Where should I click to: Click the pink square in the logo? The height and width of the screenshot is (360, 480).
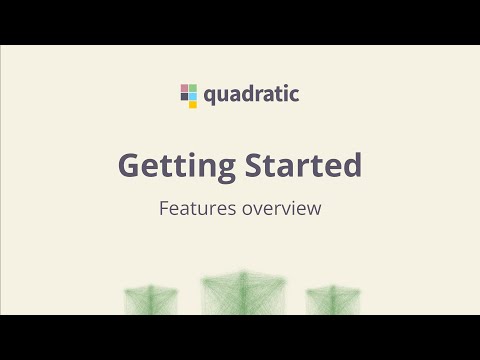(x=184, y=88)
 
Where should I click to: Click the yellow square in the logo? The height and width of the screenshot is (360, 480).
(x=193, y=104)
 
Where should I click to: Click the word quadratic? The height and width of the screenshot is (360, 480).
(x=252, y=96)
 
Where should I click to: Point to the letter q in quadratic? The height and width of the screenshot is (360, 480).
(x=210, y=97)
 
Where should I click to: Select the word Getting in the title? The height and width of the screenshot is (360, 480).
(x=176, y=166)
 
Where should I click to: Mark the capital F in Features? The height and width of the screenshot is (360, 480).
(x=164, y=210)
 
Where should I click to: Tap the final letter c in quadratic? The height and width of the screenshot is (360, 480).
(x=294, y=96)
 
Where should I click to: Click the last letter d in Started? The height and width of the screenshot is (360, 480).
(x=350, y=165)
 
